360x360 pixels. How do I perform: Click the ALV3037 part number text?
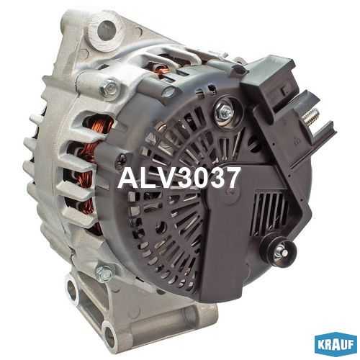point(179,178)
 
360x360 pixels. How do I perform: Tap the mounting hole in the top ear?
point(107,30)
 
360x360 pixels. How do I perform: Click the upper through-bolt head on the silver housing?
point(109,88)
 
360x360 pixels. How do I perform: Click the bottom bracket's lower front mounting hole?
point(109,336)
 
